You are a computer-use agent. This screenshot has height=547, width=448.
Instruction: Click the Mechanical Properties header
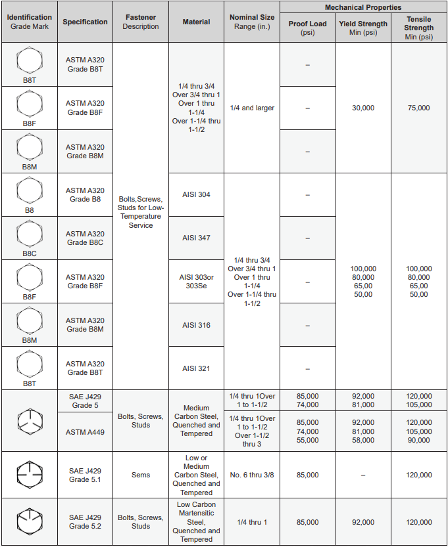point(363,7)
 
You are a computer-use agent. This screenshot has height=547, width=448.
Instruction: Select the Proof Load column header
point(307,28)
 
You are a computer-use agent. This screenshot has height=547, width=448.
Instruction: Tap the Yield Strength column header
point(363,28)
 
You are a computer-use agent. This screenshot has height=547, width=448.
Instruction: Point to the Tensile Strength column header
point(419,28)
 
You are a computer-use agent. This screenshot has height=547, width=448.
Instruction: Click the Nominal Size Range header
point(253,22)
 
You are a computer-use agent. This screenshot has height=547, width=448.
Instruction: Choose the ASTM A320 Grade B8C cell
point(85,238)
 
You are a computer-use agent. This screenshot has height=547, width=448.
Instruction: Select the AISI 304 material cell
point(196,194)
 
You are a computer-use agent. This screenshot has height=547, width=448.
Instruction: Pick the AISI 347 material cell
point(196,238)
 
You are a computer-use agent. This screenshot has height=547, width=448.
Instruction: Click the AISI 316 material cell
point(196,325)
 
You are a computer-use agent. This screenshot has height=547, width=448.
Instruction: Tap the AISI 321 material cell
point(196,368)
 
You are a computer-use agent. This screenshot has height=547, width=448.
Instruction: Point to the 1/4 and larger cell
point(253,108)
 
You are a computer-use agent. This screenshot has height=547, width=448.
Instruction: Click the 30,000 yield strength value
point(363,108)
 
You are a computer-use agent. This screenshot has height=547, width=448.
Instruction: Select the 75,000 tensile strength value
point(419,108)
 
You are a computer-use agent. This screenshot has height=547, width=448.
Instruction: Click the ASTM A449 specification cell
point(85,431)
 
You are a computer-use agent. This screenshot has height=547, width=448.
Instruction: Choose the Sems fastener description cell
point(140,475)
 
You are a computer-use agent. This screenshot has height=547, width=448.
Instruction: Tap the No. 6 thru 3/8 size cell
point(253,475)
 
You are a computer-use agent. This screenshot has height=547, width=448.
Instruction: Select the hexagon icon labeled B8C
point(29,232)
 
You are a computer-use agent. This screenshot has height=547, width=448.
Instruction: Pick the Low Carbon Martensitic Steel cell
point(196,521)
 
